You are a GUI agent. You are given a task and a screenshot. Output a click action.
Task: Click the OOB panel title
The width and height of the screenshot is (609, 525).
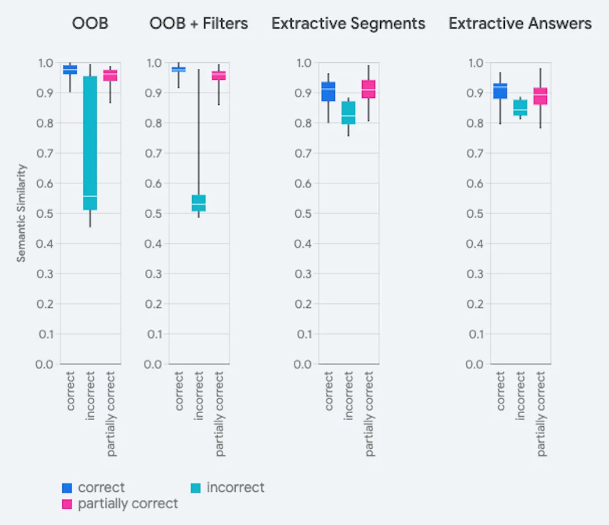(x=90, y=23)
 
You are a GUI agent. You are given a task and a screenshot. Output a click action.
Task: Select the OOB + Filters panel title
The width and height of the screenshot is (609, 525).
(x=199, y=23)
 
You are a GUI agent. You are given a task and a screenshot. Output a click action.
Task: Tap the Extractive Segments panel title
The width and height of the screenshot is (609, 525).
(x=348, y=23)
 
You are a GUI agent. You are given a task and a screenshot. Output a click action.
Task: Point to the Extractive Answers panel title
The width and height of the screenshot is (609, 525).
(x=520, y=23)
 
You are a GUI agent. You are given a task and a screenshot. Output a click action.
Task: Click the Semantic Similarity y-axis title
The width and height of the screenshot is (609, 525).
(x=21, y=213)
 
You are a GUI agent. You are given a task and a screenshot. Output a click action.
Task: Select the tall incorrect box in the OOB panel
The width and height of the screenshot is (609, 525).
(x=90, y=143)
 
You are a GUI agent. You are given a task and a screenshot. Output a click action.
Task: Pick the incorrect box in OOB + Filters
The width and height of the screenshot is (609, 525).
(x=199, y=203)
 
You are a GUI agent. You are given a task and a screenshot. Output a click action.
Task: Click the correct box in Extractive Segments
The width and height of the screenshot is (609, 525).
(x=328, y=91)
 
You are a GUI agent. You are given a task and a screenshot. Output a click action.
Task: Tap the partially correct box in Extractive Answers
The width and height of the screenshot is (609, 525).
(x=540, y=96)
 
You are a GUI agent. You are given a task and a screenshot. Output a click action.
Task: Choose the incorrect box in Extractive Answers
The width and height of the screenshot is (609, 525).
(x=520, y=108)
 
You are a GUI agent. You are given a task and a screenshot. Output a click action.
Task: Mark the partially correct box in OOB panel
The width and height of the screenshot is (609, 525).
(x=110, y=75)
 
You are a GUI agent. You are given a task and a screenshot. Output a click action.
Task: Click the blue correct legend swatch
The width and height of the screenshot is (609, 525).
(x=67, y=488)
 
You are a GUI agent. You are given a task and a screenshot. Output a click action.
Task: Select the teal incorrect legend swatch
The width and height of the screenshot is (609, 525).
(x=196, y=488)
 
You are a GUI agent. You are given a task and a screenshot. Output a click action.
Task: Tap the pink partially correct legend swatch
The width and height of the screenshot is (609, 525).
(x=67, y=503)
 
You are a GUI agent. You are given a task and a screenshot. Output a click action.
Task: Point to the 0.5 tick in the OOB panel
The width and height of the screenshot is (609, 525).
(x=45, y=213)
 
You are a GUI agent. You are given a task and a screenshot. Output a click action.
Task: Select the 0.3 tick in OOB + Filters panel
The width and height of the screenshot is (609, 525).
(x=154, y=274)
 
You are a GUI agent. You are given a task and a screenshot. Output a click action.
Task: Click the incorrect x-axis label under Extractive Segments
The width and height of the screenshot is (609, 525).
(x=349, y=396)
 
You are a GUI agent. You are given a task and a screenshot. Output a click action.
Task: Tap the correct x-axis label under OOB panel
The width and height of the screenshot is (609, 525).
(x=70, y=391)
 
